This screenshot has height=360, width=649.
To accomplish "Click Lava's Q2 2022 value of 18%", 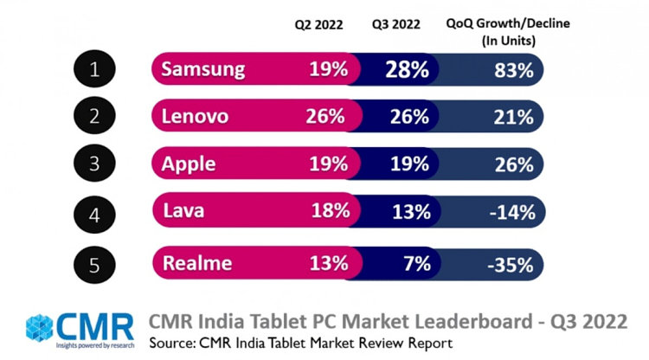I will click(329, 210).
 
